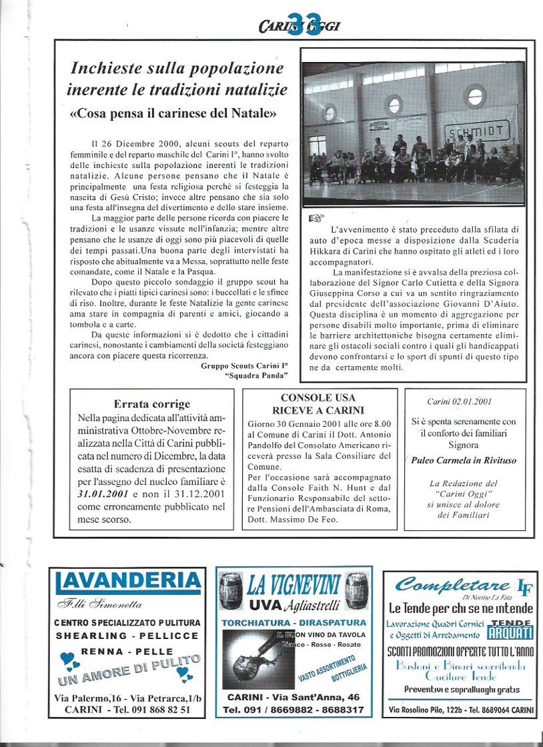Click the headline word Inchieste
[105, 68]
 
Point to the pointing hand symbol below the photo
[316, 217]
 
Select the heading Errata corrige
[152, 404]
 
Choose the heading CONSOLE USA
[318, 398]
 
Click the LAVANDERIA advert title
[127, 583]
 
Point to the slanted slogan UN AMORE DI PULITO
[129, 670]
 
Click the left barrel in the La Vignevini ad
[231, 586]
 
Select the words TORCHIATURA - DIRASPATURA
[294, 622]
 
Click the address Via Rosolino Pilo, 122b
[434, 711]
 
